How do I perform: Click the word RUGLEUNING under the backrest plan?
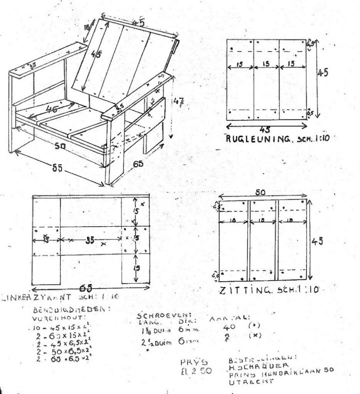[254, 139]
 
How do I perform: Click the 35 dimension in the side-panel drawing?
[89, 240]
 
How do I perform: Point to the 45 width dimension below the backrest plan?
[265, 128]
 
